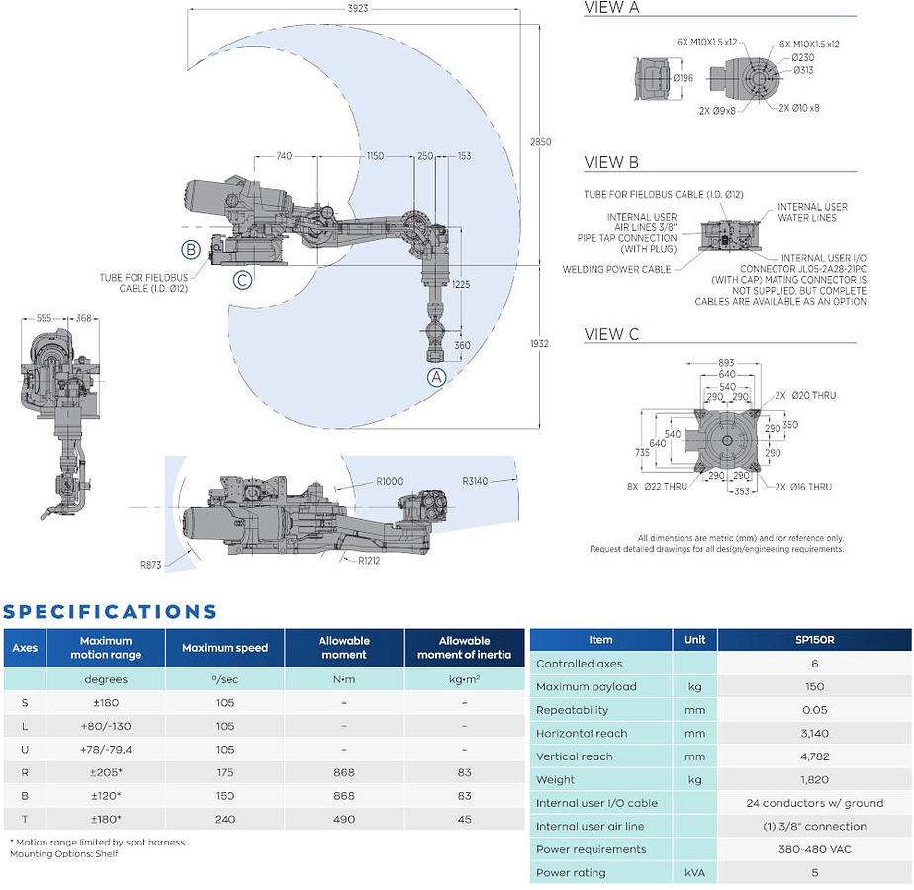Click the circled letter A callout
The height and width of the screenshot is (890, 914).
pyautogui.click(x=437, y=377)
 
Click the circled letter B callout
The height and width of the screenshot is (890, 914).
pyautogui.click(x=191, y=250)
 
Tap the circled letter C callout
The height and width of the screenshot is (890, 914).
pyautogui.click(x=243, y=280)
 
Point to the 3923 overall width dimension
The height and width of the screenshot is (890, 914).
pyautogui.click(x=358, y=8)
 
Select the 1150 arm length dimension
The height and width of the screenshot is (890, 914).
pyautogui.click(x=376, y=155)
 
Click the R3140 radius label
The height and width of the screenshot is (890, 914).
pyautogui.click(x=475, y=481)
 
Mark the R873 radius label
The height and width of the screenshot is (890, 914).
pyautogui.click(x=151, y=565)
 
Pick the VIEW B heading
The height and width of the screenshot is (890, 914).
pyautogui.click(x=611, y=162)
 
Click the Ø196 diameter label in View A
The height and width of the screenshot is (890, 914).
pyautogui.click(x=684, y=78)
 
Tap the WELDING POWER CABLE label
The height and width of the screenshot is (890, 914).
pyautogui.click(x=616, y=269)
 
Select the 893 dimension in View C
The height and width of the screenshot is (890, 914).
pyautogui.click(x=726, y=363)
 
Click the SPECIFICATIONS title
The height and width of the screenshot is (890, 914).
pyautogui.click(x=110, y=611)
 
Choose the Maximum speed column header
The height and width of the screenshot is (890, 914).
pyautogui.click(x=225, y=648)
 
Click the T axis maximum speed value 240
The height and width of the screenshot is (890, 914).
pyautogui.click(x=225, y=819)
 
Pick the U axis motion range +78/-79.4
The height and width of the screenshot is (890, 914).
pyautogui.click(x=106, y=749)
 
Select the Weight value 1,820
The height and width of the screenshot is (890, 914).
pyautogui.click(x=814, y=779)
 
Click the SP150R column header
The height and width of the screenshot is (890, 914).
pyautogui.click(x=814, y=640)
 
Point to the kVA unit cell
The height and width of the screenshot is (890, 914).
pyautogui.click(x=694, y=872)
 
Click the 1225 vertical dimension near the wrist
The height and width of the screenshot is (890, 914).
pyautogui.click(x=461, y=284)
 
